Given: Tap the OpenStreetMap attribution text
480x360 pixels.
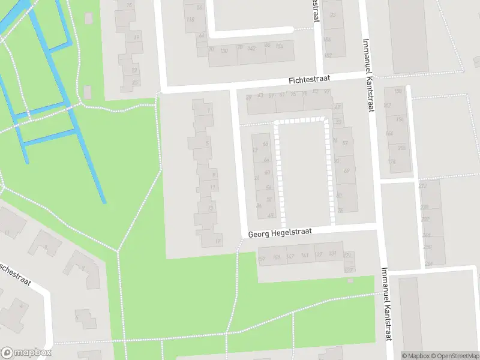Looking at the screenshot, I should point(455,356).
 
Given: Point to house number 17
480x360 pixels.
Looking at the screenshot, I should point(218,242).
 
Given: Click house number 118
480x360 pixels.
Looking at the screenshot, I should point(191,20).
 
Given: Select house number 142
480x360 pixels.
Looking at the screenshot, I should point(251,49).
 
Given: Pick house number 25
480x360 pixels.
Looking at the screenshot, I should point(135,83).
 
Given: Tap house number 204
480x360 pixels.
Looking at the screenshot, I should point(401,148).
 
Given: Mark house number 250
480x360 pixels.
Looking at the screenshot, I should point(427,247).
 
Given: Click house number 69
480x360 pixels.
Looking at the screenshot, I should point(346,171).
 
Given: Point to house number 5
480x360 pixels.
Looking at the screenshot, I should point(207,143).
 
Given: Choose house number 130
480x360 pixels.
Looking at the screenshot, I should point(224,50).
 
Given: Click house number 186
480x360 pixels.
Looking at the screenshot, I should point(327,40).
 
